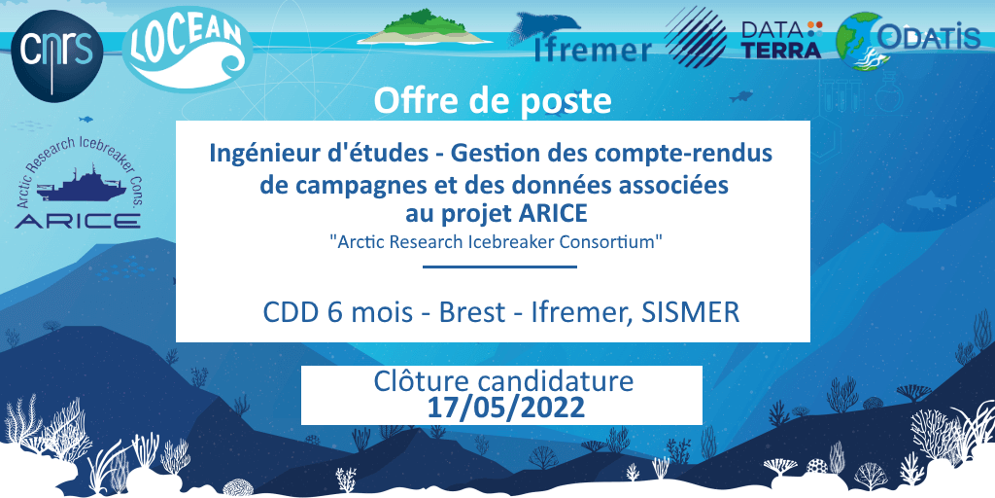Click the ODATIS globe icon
[859, 41]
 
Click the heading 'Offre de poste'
[493, 101]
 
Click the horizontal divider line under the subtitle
[499, 267]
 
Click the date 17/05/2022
[505, 408]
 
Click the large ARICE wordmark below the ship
[78, 221]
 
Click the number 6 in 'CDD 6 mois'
[330, 313]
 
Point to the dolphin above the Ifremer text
[545, 25]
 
